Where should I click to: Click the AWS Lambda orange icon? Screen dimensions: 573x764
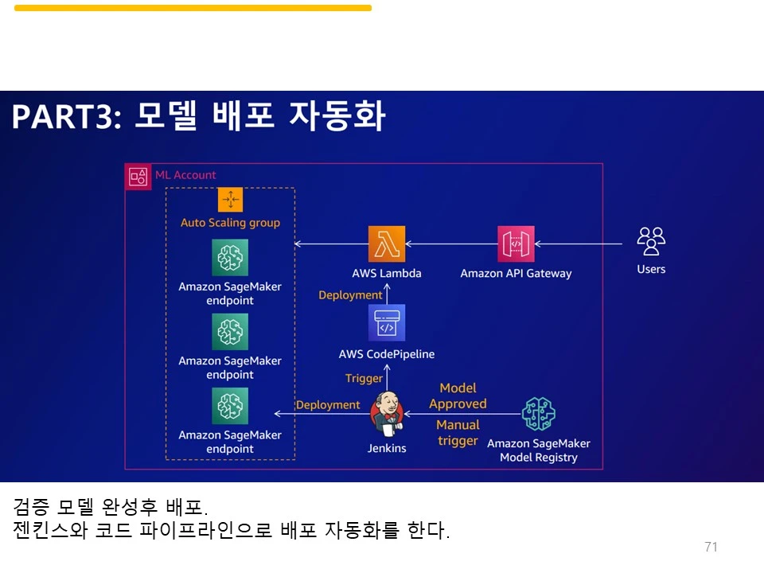(387, 244)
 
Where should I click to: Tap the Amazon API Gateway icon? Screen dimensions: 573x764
(516, 244)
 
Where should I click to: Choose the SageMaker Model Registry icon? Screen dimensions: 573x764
(539, 414)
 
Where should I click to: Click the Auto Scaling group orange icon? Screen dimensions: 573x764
(230, 200)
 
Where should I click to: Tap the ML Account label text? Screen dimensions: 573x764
(185, 175)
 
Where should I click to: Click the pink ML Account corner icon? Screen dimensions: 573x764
(138, 177)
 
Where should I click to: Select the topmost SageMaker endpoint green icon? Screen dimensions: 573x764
(230, 258)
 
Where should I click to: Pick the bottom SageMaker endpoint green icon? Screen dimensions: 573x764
(230, 406)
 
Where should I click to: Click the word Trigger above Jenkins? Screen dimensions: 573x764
(364, 378)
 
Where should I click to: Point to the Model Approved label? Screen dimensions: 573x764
(458, 396)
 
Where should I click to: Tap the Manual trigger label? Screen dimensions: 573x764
(458, 432)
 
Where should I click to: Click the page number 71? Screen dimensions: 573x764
(711, 547)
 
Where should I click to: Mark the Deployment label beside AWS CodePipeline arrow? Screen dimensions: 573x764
(350, 295)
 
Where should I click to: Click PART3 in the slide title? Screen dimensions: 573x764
(64, 117)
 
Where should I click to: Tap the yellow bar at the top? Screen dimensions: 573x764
(193, 8)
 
